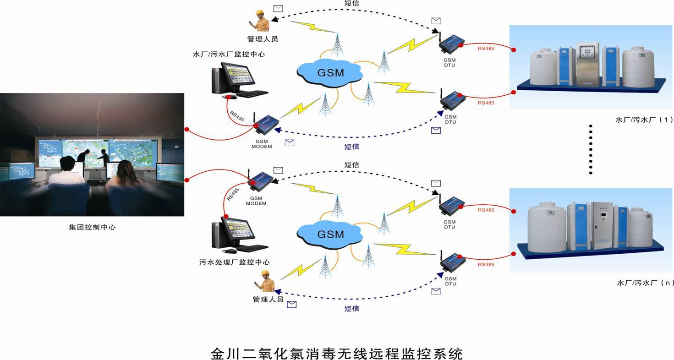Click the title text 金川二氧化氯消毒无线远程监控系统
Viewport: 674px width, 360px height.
point(337,353)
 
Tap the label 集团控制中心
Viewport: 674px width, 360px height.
point(92,227)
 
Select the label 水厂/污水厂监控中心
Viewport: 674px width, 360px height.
point(229,55)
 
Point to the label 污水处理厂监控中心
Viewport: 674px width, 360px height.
point(234,262)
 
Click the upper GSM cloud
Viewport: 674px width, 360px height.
point(330,72)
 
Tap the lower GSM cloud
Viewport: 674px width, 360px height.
point(330,234)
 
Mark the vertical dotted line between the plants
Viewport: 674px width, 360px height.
point(591,149)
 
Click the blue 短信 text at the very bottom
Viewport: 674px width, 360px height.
point(351,309)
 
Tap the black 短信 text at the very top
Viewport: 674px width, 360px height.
point(351,3)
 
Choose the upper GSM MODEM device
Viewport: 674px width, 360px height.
point(265,125)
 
